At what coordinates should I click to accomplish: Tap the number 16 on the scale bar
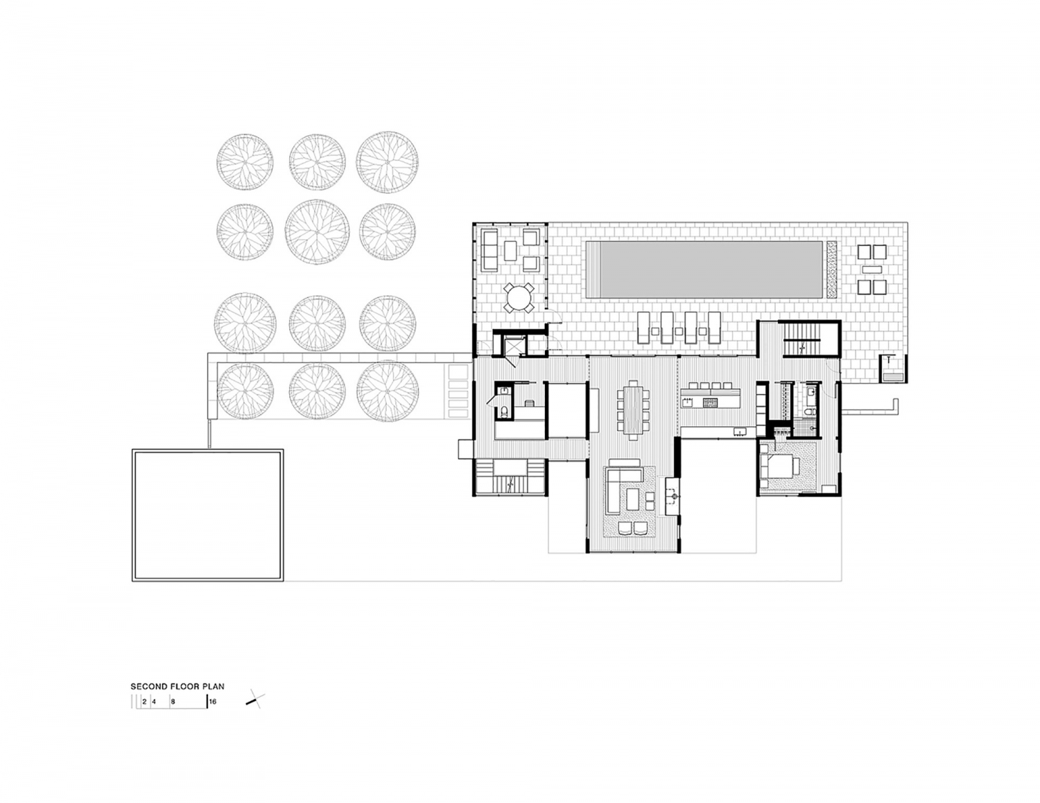pos(213,701)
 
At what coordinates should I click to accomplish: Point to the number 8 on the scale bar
pos(173,701)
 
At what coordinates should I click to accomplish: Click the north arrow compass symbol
pos(254,700)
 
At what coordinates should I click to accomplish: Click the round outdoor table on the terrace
pos(519,299)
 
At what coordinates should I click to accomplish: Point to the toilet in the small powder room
pos(505,412)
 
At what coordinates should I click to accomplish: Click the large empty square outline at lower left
pos(208,515)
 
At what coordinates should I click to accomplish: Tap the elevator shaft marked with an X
pos(514,344)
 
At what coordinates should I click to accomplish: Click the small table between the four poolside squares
pos(872,269)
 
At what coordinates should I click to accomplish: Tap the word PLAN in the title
pos(214,687)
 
